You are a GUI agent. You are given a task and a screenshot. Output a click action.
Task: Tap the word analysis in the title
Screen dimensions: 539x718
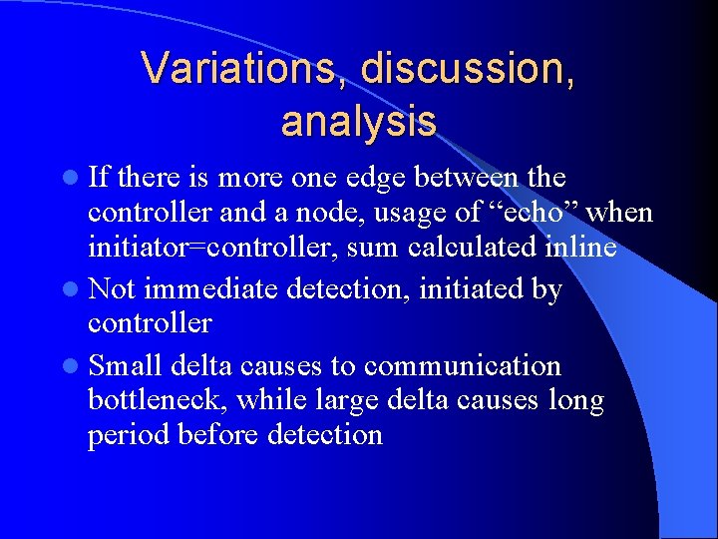click(359, 122)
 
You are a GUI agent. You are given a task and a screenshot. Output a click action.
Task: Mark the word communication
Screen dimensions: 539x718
click(463, 366)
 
